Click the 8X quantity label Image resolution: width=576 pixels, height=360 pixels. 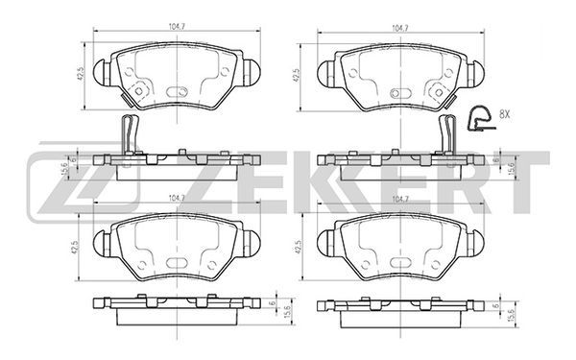coord(504,114)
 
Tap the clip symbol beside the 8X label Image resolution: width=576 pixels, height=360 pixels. coord(481,119)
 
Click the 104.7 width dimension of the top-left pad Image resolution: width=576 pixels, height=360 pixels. coord(177,27)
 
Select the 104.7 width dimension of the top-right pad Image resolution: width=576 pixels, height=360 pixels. coord(400,28)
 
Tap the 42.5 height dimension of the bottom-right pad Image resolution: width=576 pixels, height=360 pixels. coord(298,248)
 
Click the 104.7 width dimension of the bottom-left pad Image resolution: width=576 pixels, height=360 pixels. coord(177,198)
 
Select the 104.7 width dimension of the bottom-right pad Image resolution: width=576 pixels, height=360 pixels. coord(400,199)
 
